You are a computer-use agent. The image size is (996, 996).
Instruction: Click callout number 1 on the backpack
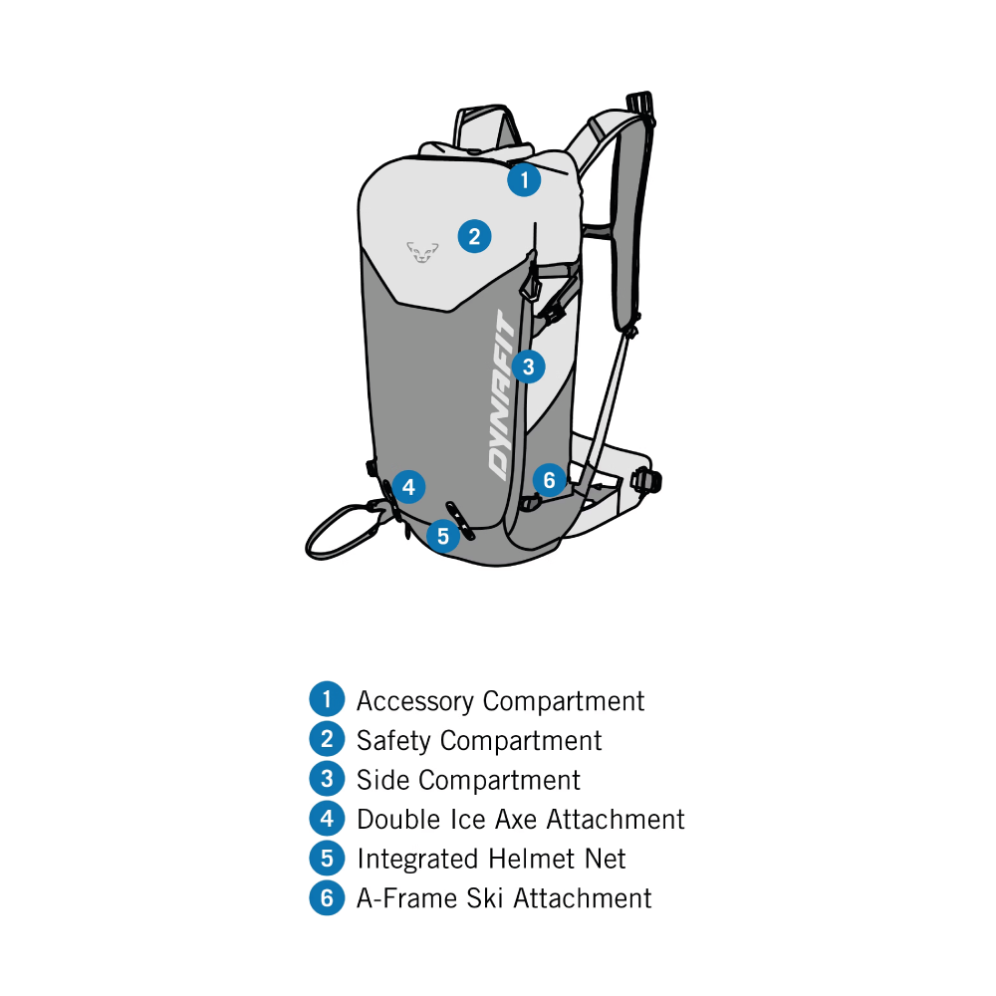point(524,179)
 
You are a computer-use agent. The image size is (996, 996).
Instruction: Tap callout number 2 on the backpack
point(474,236)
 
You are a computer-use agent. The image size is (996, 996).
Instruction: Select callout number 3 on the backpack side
point(528,367)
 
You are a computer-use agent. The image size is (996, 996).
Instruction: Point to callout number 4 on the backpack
point(408,487)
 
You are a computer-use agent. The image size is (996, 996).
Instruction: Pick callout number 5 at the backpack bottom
point(443,536)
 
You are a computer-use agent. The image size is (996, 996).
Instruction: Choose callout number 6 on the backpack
point(550,480)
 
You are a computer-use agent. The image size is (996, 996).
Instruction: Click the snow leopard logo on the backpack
point(422,252)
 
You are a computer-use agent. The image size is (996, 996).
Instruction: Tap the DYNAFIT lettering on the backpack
point(503,395)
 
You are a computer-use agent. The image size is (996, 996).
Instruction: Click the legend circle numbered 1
point(327,699)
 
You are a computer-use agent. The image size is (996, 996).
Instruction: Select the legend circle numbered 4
point(327,818)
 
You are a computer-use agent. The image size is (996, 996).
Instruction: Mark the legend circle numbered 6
point(327,897)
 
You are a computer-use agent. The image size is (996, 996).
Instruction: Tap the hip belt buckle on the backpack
point(646,480)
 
